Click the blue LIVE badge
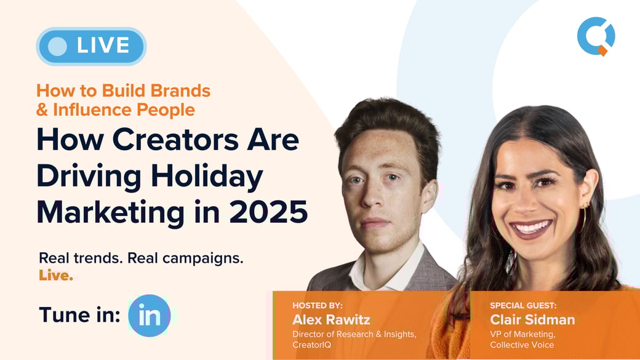[91, 46]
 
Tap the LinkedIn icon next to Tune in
[150, 316]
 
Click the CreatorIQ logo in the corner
[596, 36]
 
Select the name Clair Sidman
[532, 319]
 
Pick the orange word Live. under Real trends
[56, 275]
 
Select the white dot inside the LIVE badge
[57, 46]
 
